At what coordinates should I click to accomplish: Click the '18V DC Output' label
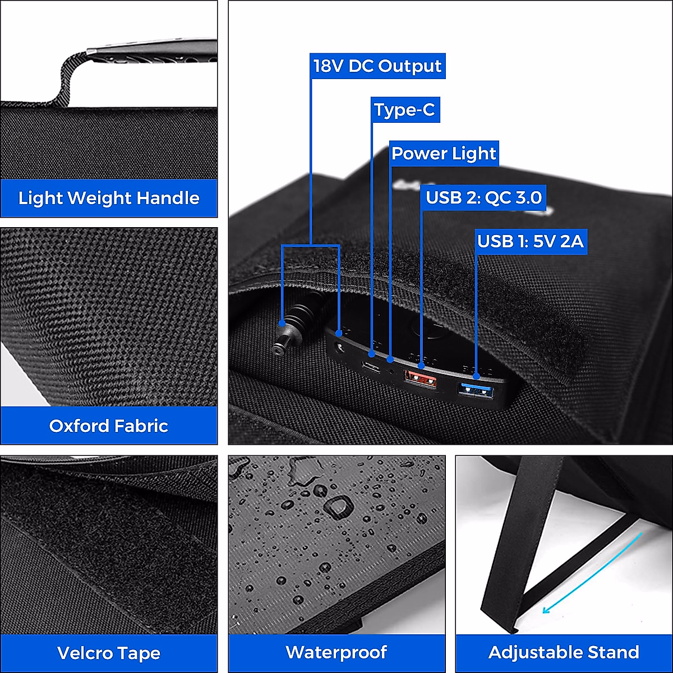click(377, 66)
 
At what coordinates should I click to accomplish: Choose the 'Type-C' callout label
click(404, 110)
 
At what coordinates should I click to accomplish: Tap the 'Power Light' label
click(444, 154)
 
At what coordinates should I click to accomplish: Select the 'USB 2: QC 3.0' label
click(483, 197)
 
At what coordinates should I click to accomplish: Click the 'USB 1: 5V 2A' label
click(530, 241)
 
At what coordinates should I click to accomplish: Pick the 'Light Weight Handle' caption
click(109, 198)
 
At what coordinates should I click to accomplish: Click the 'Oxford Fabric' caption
click(109, 426)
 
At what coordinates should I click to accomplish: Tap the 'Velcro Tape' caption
click(109, 653)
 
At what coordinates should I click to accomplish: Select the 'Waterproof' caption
click(336, 652)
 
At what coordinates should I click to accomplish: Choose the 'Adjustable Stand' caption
click(564, 652)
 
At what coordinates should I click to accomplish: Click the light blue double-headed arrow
click(591, 574)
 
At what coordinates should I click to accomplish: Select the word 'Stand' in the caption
click(613, 652)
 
